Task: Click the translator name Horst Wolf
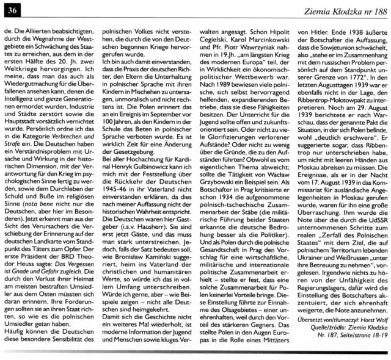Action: pos(370,320)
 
